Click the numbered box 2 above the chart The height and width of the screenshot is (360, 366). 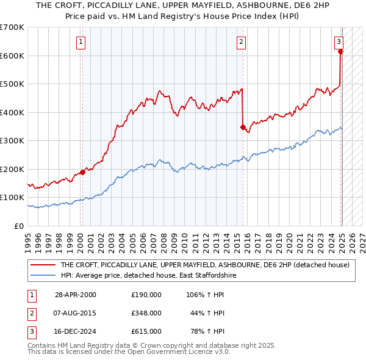[242, 42]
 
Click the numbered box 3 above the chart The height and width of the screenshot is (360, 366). [339, 42]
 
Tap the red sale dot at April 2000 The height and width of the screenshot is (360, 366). [82, 172]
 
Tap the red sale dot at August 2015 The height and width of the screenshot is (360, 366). [243, 127]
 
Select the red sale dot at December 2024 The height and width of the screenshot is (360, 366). [340, 52]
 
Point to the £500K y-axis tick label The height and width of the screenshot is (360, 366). [12, 84]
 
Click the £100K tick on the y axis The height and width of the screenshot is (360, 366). [12, 198]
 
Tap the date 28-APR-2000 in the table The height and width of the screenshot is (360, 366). [76, 295]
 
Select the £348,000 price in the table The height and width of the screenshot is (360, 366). [146, 313]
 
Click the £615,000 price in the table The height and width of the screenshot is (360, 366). [146, 331]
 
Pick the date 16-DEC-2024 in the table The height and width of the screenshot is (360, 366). [76, 331]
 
